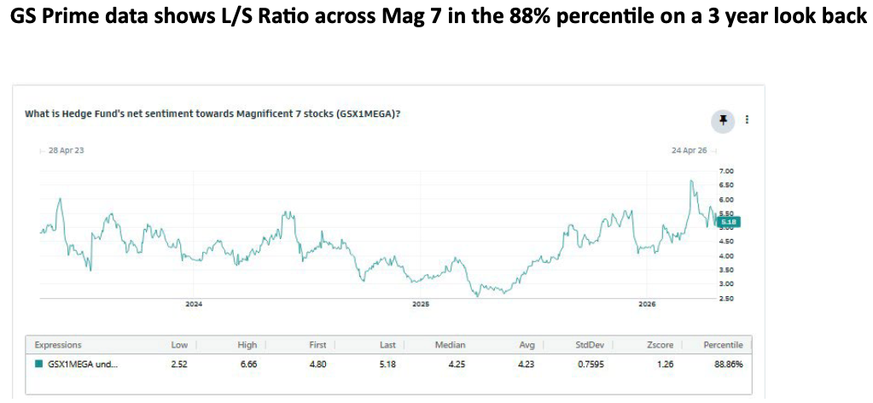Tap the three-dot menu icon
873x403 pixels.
tap(748, 120)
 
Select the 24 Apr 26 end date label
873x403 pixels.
tap(690, 150)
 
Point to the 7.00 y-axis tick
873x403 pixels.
tap(727, 172)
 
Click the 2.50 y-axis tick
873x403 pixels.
tap(727, 297)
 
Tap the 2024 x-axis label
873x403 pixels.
tap(194, 304)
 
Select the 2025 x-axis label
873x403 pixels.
tap(420, 304)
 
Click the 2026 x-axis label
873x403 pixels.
tap(647, 304)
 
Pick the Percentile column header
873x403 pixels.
tap(723, 345)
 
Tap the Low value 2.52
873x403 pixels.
tap(180, 364)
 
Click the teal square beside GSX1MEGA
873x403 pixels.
tap(38, 364)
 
